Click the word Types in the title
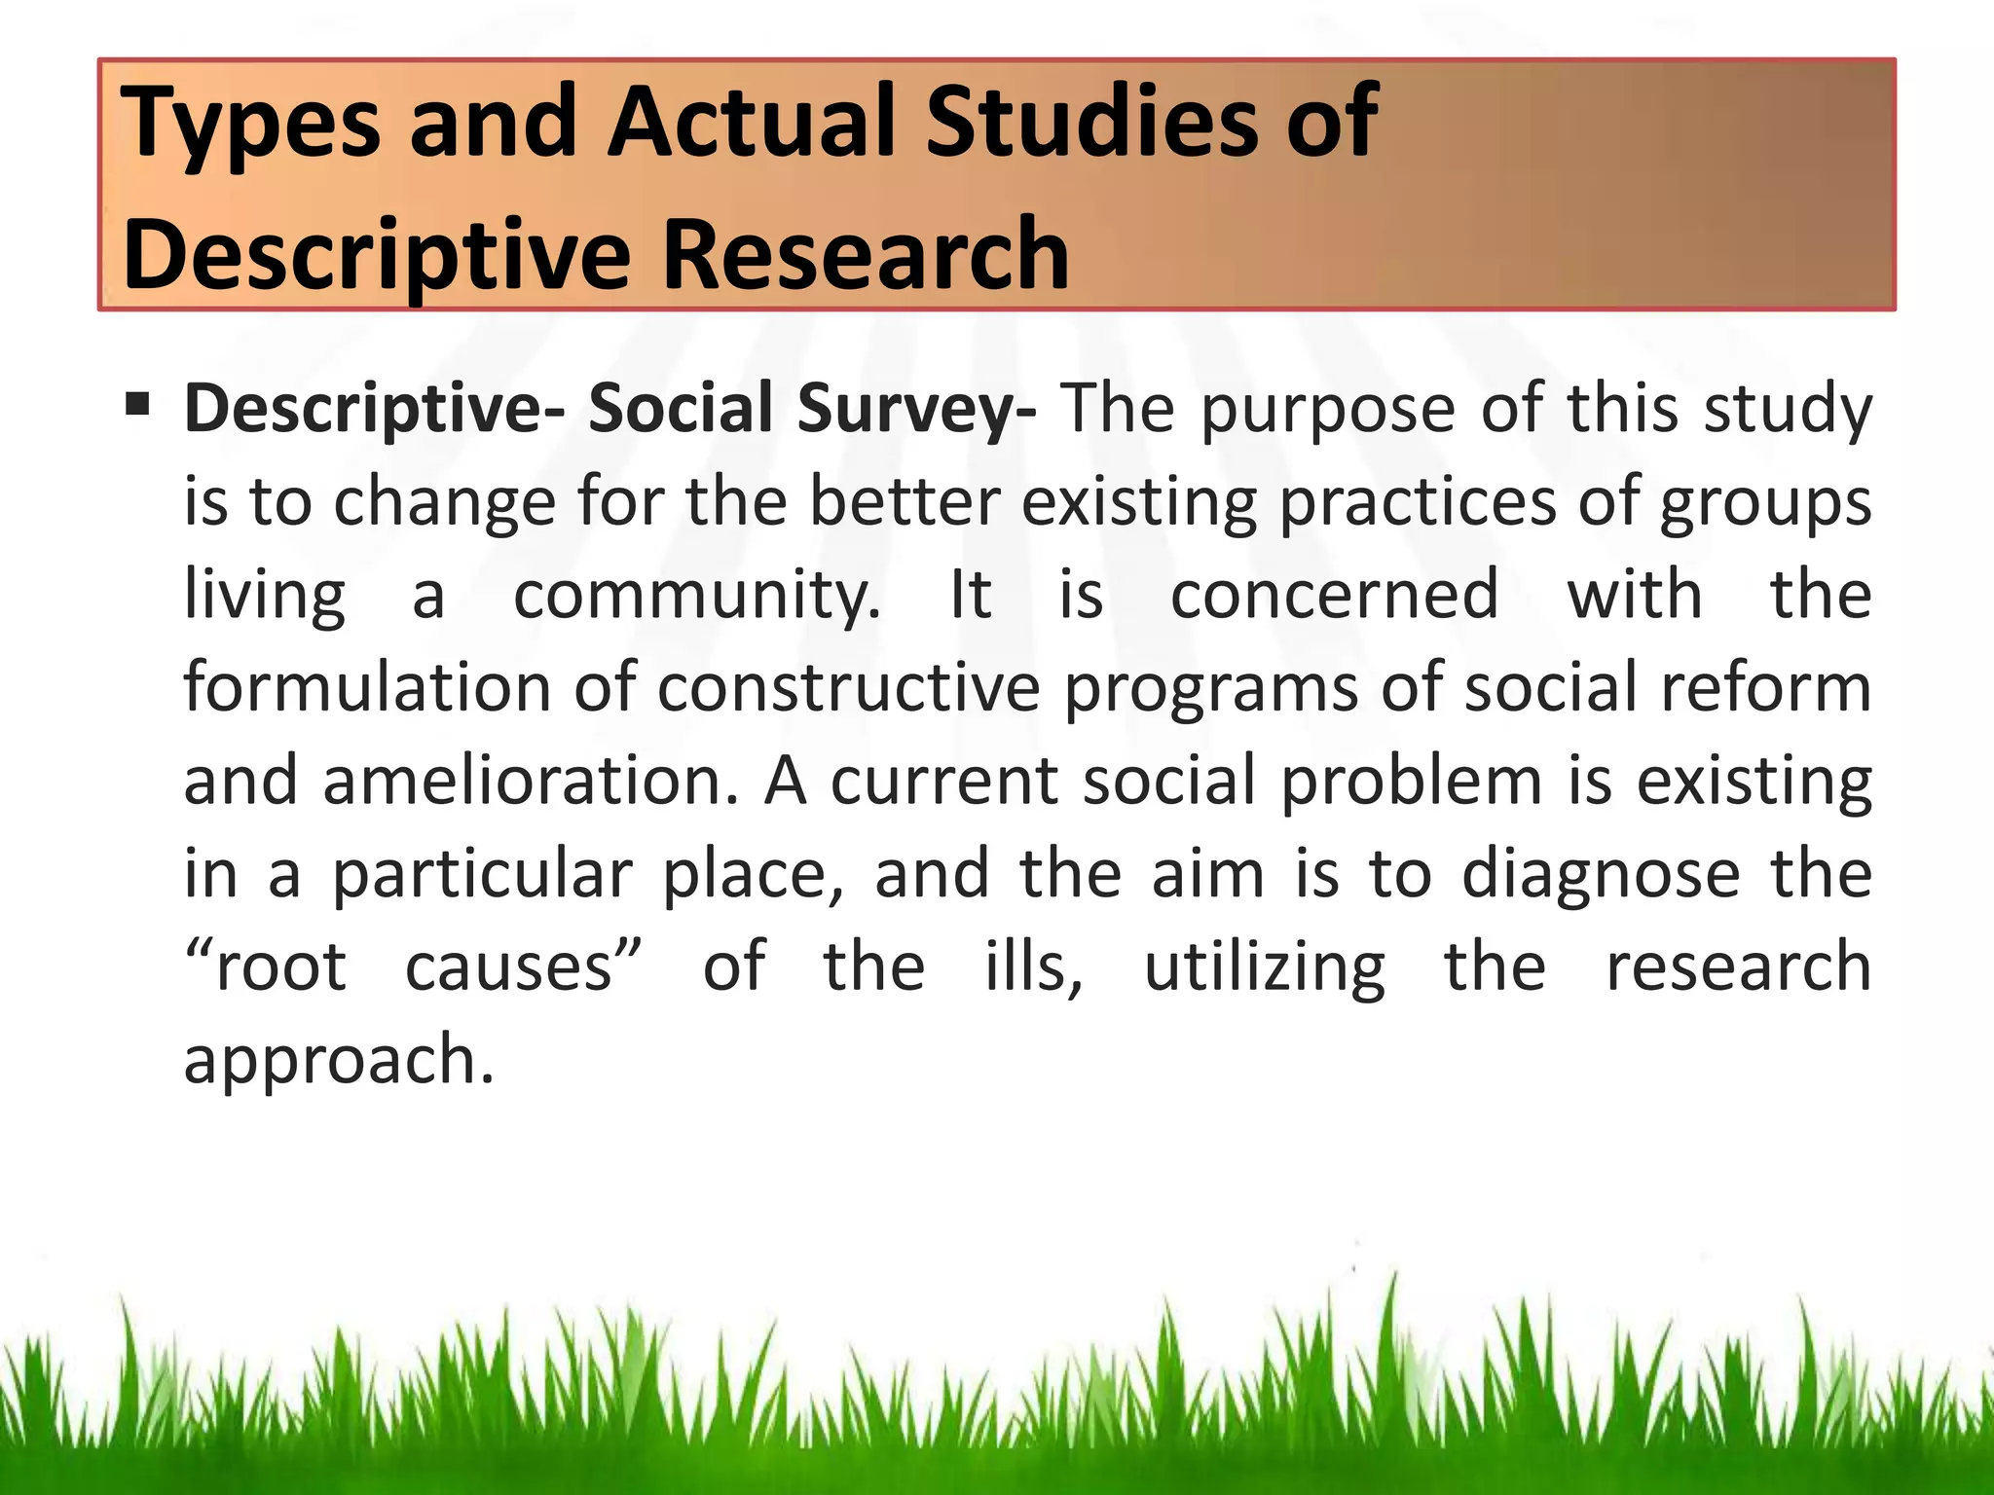point(249,125)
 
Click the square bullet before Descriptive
point(137,401)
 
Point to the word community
point(696,596)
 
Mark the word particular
point(483,874)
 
